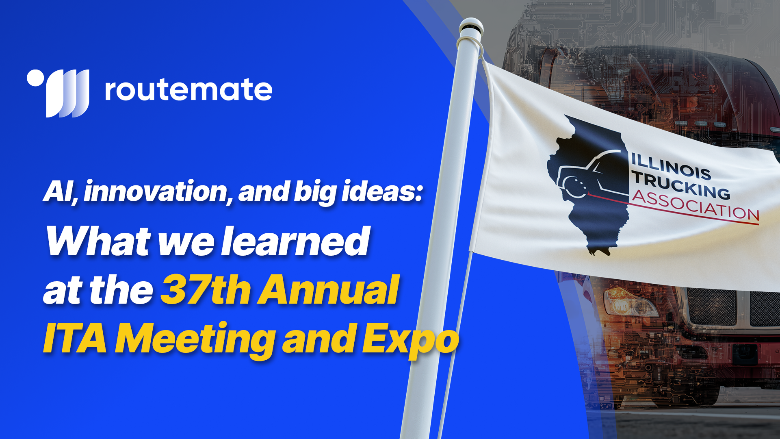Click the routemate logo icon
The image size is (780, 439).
tap(58, 93)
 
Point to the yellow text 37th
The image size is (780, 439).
tap(206, 289)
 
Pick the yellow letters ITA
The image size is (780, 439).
tap(75, 338)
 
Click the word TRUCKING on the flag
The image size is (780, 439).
tap(681, 185)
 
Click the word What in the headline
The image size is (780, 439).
tap(98, 241)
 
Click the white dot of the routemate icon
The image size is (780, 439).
tap(35, 78)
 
